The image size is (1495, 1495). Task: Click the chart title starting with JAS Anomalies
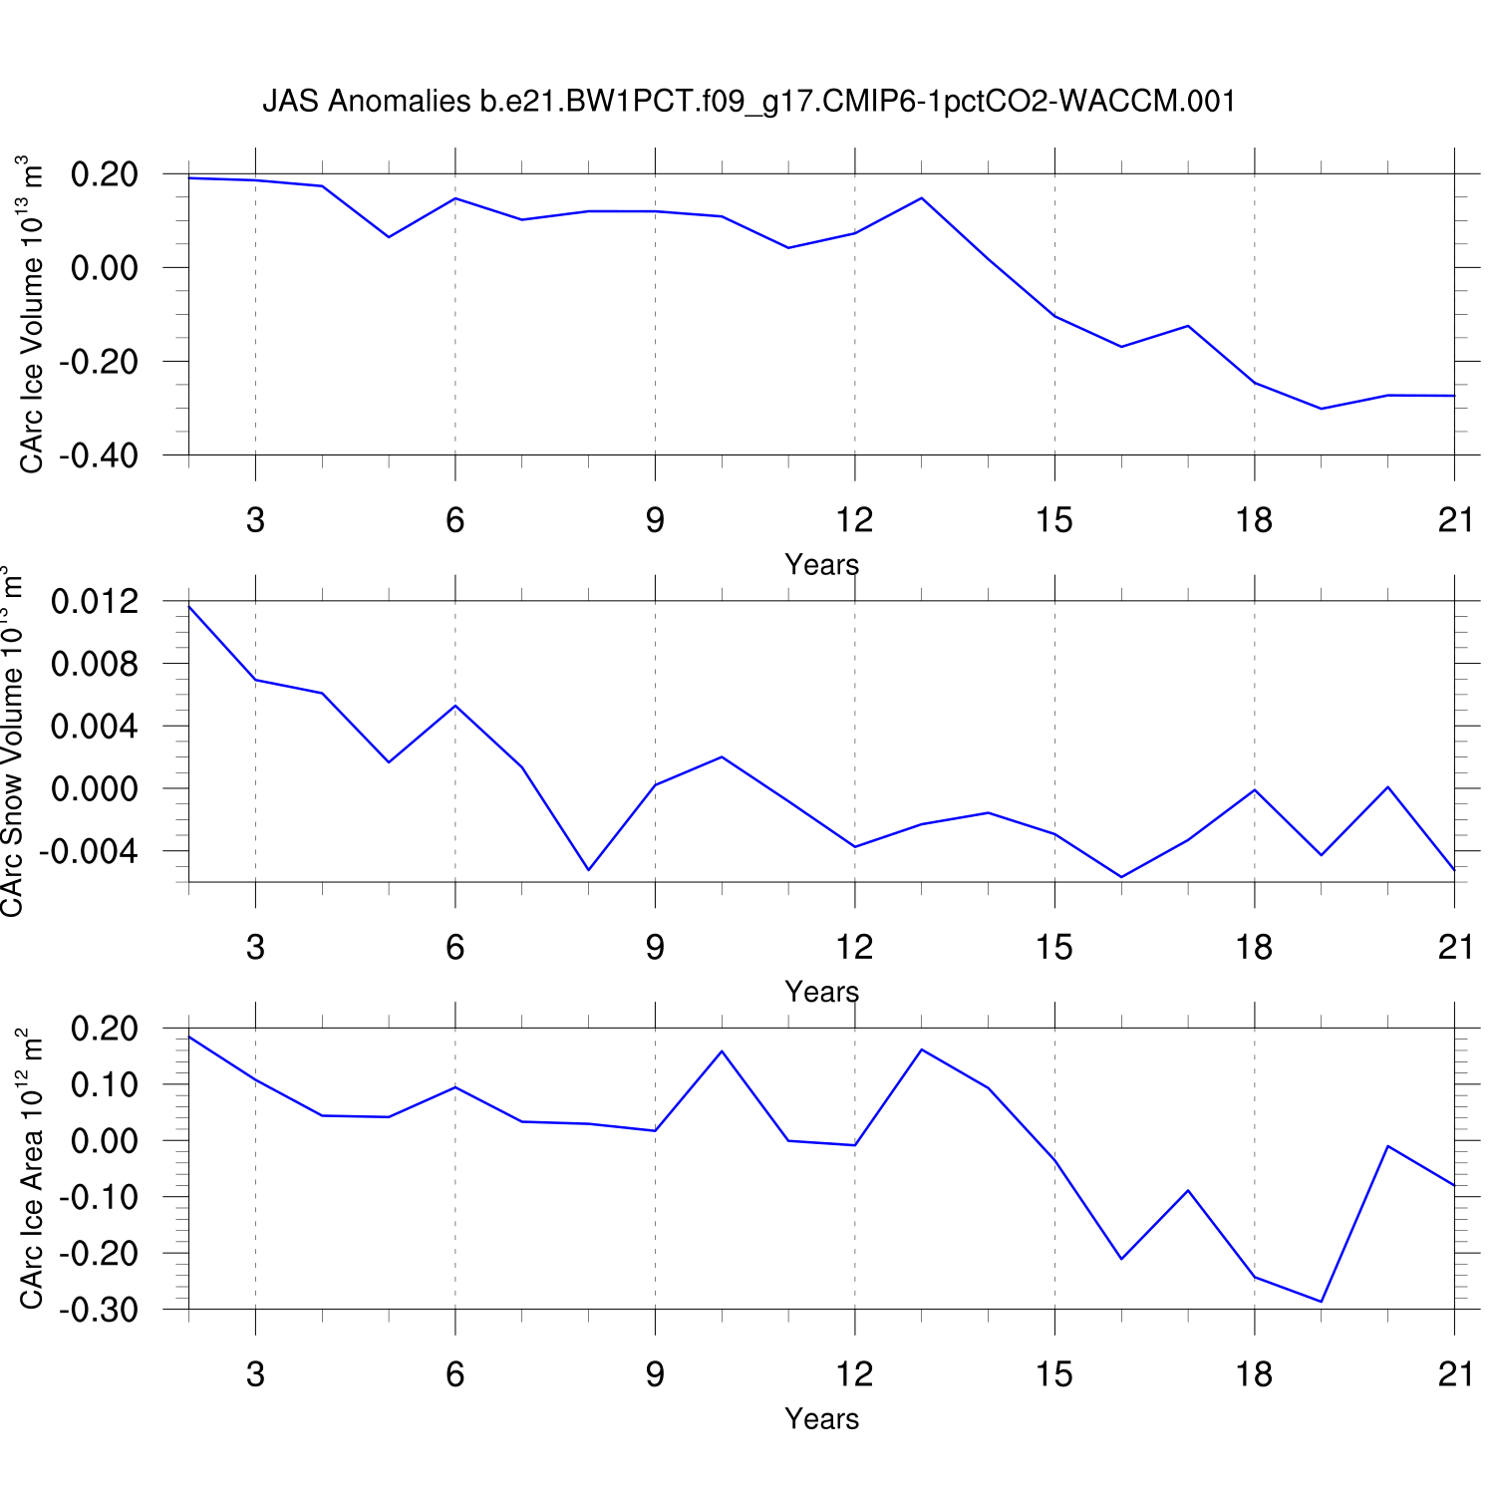748,101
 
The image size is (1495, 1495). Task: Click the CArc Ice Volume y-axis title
31,314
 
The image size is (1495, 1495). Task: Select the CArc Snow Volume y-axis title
12,743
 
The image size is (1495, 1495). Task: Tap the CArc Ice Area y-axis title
31,1168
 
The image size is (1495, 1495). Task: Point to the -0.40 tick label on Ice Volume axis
98,455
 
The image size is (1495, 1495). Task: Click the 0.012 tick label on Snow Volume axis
95,602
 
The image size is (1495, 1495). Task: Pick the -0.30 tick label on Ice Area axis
98,1310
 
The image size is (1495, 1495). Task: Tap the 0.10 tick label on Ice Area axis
103,1084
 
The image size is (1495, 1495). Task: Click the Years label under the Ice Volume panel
821,565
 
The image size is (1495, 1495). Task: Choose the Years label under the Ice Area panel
821,1418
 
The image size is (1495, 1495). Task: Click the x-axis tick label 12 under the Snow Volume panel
854,947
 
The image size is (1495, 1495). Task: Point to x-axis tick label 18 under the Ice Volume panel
1254,519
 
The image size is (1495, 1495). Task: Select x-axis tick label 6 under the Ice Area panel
455,1374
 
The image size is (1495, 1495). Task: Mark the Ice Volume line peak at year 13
922,198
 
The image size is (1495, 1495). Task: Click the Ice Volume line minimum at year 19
1322,409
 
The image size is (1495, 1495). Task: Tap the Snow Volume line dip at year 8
589,870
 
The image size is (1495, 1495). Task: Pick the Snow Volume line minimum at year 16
1121,877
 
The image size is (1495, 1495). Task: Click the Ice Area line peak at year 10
722,1050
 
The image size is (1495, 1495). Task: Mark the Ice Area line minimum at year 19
1322,1302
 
